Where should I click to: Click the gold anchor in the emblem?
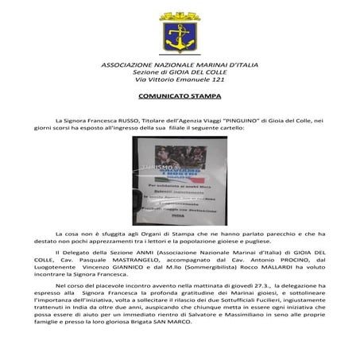[180, 34]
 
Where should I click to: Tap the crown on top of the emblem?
[180, 12]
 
